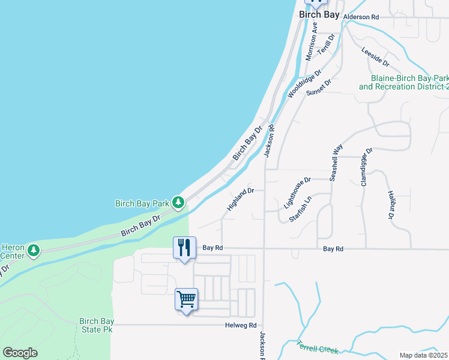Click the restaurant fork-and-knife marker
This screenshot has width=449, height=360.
click(x=184, y=247)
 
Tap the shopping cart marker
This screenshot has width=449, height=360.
click(x=187, y=299)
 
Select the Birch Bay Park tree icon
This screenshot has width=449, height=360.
click(x=178, y=203)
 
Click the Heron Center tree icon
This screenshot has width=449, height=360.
click(x=34, y=249)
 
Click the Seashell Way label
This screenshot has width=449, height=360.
click(x=336, y=162)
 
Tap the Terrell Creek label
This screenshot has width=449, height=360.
click(x=318, y=347)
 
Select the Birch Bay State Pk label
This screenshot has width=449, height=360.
click(x=96, y=325)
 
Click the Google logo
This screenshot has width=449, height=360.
click(x=20, y=353)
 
